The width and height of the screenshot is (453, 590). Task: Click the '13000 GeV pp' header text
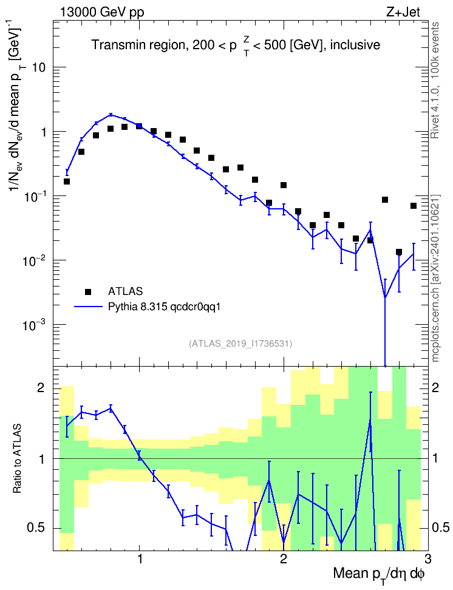click(x=101, y=12)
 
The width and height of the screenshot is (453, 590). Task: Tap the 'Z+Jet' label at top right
click(x=403, y=12)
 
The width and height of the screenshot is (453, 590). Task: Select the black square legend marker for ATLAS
click(x=87, y=291)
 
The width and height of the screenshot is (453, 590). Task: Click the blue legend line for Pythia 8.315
click(x=88, y=307)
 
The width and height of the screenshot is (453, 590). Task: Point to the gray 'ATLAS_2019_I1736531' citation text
click(x=240, y=344)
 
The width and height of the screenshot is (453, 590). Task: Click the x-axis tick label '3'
click(x=427, y=557)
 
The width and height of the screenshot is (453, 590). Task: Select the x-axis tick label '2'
click(x=284, y=557)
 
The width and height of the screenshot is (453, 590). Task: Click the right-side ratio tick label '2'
click(x=435, y=388)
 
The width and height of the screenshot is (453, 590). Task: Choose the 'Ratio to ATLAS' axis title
click(x=17, y=458)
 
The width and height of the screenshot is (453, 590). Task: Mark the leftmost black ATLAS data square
click(x=67, y=181)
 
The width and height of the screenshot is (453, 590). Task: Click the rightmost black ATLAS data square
click(x=413, y=206)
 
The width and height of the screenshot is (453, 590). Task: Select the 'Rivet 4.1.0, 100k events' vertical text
click(x=435, y=80)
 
